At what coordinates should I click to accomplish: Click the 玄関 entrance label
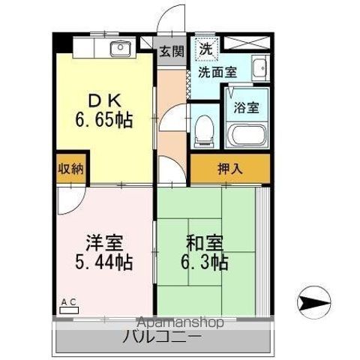pyautogui.click(x=171, y=51)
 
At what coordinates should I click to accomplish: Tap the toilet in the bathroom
pyautogui.click(x=203, y=133)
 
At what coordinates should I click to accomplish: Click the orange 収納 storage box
pyautogui.click(x=70, y=169)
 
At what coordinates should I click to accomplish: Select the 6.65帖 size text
pyautogui.click(x=103, y=120)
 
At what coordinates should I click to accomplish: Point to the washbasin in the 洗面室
pyautogui.click(x=259, y=67)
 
